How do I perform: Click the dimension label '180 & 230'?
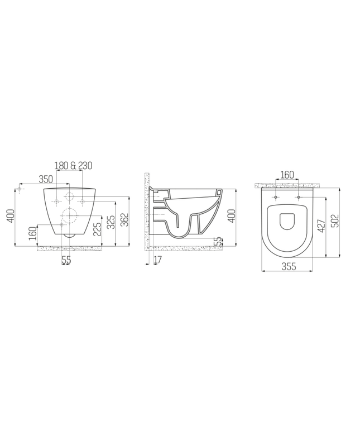tap(73, 165)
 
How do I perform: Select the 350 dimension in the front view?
tap(46, 179)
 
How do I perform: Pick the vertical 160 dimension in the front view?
tap(32, 234)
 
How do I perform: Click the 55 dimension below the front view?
tap(66, 260)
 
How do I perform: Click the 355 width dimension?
tap(288, 267)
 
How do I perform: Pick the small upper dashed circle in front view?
tap(70, 196)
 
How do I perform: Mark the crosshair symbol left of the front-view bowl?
tap(20, 190)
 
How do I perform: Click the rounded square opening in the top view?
tap(288, 221)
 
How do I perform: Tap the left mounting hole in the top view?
tap(276, 197)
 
